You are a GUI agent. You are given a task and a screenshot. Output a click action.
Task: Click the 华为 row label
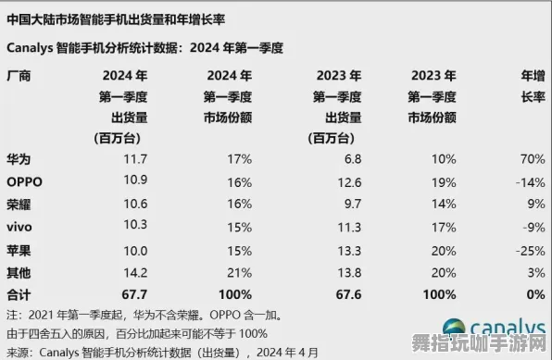pyautogui.click(x=18, y=159)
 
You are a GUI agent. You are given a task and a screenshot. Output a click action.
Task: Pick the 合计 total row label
pyautogui.click(x=18, y=293)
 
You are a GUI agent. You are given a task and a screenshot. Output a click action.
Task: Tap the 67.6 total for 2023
pyautogui.click(x=337, y=293)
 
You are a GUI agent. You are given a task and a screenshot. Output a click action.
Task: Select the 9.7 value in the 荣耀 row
pyautogui.click(x=341, y=202)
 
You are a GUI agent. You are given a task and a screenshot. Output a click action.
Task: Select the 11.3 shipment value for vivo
pyautogui.click(x=339, y=224)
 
